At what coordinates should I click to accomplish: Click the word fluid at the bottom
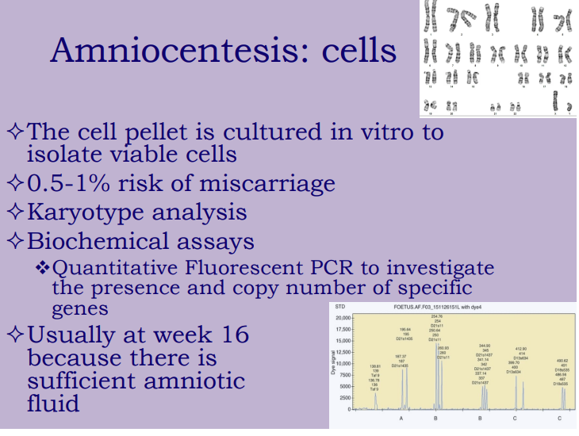54,403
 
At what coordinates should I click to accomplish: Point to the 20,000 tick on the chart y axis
342,317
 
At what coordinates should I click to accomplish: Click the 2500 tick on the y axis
346,397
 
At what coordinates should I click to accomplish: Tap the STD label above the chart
340,306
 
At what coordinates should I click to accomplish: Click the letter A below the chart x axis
401,416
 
